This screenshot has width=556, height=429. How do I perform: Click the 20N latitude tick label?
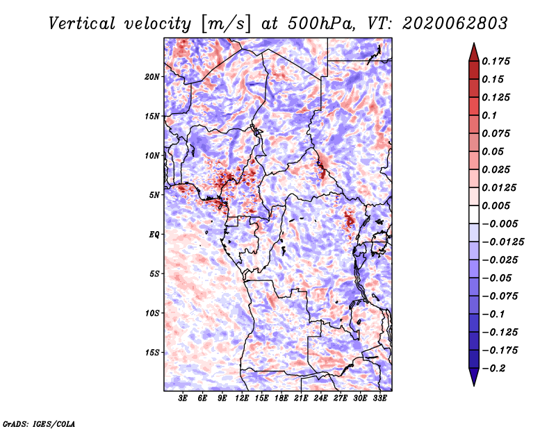[152, 77]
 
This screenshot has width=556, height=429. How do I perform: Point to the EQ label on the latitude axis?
[154, 235]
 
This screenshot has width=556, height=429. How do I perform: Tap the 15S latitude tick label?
[152, 353]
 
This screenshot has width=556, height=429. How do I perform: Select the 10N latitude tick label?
[152, 156]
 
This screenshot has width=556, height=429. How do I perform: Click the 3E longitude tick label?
[183, 398]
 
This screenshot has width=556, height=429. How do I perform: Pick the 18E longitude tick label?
[281, 398]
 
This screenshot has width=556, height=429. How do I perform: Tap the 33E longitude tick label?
[379, 398]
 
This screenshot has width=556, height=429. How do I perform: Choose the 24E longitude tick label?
[320, 398]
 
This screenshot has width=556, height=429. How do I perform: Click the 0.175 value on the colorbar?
[496, 61]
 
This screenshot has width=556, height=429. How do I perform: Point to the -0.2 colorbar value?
[493, 369]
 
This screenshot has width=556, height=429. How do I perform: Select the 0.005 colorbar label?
[496, 205]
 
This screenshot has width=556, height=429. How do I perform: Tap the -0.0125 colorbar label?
[502, 242]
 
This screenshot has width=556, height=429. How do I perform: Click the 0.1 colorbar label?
[489, 115]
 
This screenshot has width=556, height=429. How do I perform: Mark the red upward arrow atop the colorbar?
[474, 53]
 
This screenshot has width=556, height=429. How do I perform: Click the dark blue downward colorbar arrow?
[474, 377]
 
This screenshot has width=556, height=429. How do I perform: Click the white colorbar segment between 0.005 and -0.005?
[474, 214]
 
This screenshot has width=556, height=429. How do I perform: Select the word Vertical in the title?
[82, 24]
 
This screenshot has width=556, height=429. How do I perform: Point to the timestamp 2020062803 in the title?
[455, 24]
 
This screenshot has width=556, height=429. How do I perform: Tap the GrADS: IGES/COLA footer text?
[39, 423]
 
